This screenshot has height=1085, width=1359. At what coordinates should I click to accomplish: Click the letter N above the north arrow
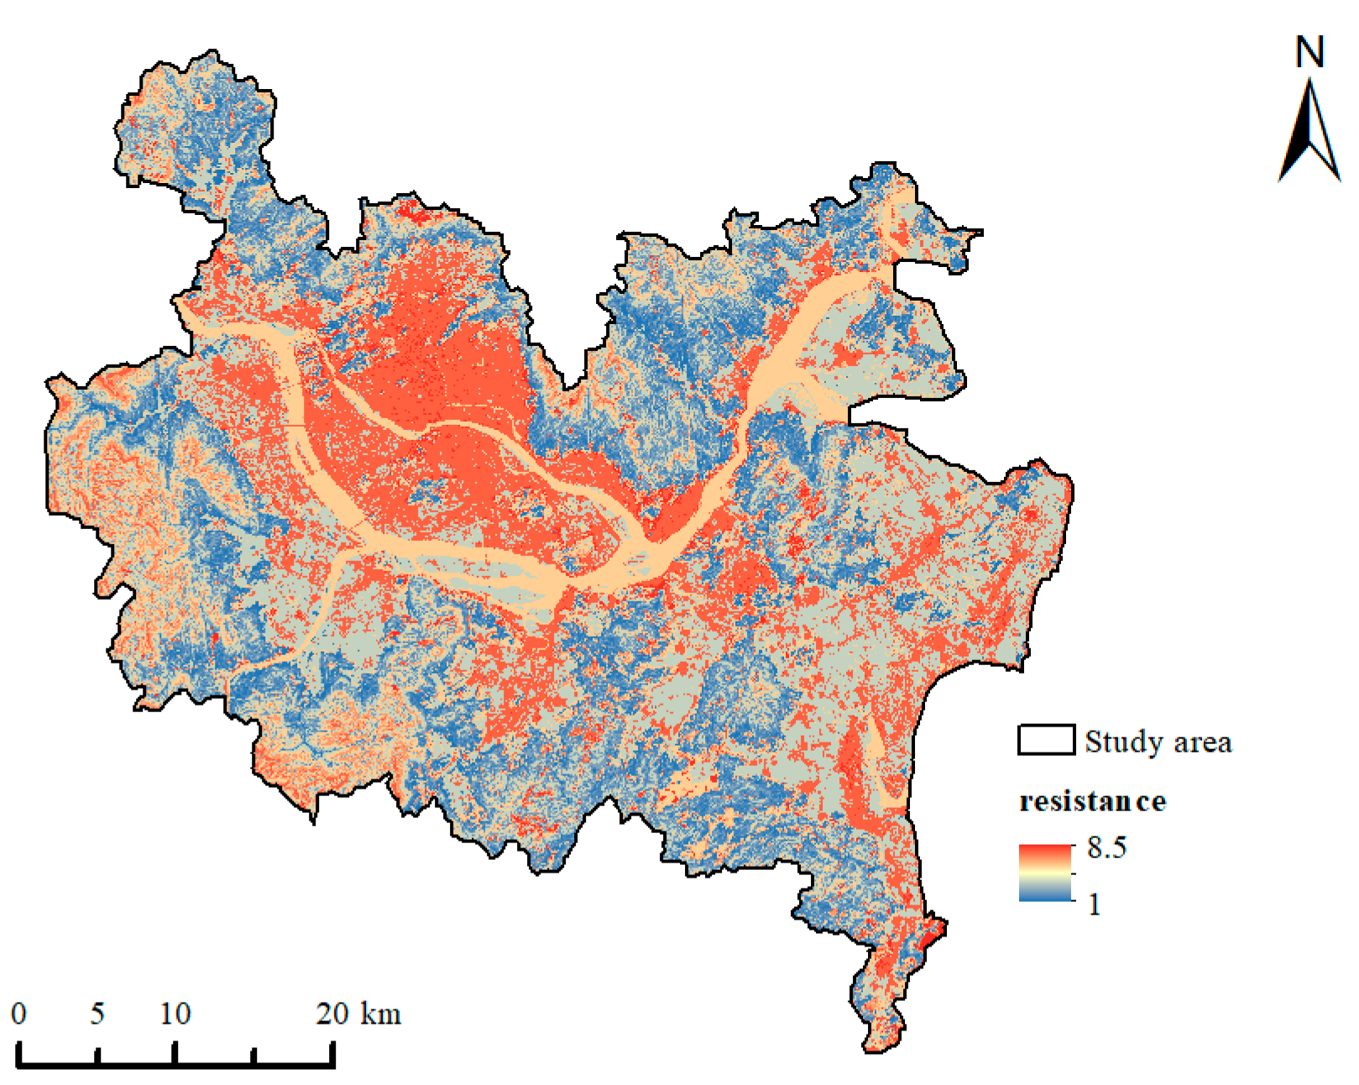[1309, 53]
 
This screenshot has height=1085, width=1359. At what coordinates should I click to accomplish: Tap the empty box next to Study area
[1046, 741]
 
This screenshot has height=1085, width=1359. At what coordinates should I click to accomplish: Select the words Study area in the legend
[1158, 742]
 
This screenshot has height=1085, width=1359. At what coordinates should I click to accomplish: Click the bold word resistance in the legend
[1092, 801]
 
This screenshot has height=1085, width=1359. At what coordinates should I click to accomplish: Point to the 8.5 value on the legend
[1106, 848]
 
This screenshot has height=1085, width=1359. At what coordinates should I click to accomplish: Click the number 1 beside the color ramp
[1095, 904]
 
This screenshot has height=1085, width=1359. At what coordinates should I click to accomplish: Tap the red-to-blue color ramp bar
[1046, 873]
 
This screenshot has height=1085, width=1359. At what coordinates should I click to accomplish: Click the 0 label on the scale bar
[18, 1014]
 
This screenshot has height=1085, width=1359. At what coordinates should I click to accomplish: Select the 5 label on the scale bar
[97, 1014]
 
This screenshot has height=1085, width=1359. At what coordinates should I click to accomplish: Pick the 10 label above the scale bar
[175, 1014]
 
